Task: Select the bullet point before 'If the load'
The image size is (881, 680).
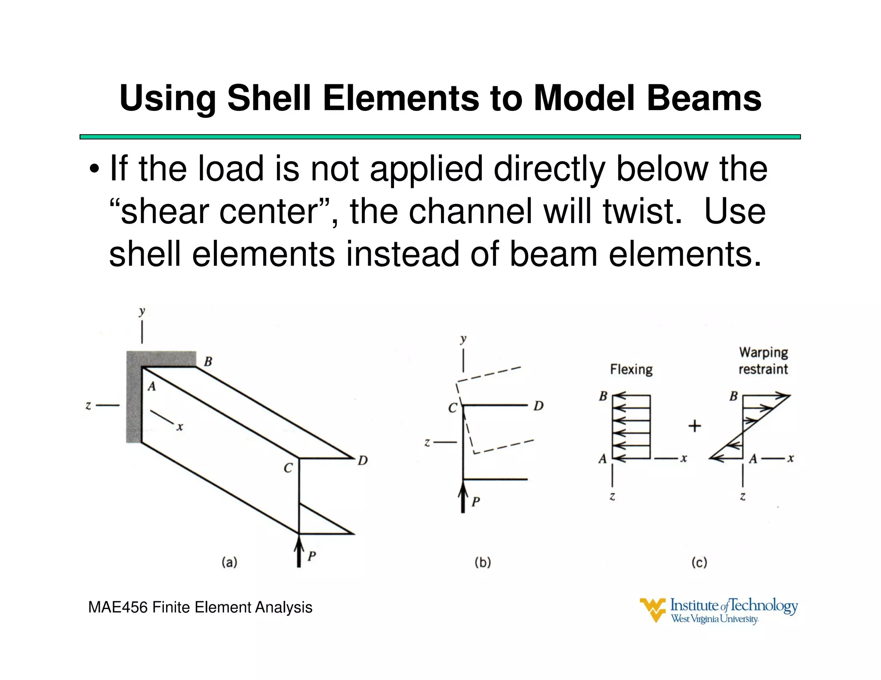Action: (x=94, y=169)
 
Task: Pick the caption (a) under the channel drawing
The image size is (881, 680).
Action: (x=229, y=562)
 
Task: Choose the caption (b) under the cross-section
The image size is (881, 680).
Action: (x=483, y=562)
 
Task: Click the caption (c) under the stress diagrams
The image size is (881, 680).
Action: (x=699, y=562)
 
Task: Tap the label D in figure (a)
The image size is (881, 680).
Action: (x=363, y=461)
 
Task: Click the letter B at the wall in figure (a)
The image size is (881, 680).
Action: (x=208, y=361)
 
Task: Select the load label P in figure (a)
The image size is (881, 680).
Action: (x=312, y=556)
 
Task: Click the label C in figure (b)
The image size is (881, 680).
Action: (x=453, y=408)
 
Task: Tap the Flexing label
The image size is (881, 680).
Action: (x=631, y=370)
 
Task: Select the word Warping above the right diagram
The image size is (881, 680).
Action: (x=764, y=352)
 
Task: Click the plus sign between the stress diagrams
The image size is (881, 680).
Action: (x=695, y=426)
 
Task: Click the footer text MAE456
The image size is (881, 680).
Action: (x=118, y=607)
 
